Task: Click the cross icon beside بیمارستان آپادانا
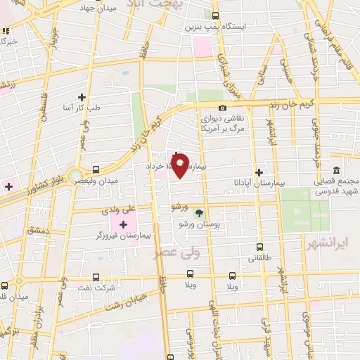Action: (259, 172)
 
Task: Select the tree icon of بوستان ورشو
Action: (199, 213)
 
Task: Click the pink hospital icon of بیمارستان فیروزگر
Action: (124, 225)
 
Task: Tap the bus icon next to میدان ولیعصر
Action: (96, 169)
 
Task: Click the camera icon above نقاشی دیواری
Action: (222, 108)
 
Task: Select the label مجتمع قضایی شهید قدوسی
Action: (335, 186)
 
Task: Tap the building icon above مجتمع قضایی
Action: (336, 171)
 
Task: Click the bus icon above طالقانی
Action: (259, 247)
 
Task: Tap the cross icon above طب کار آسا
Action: (82, 97)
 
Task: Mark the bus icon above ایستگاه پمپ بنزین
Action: (215, 15)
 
